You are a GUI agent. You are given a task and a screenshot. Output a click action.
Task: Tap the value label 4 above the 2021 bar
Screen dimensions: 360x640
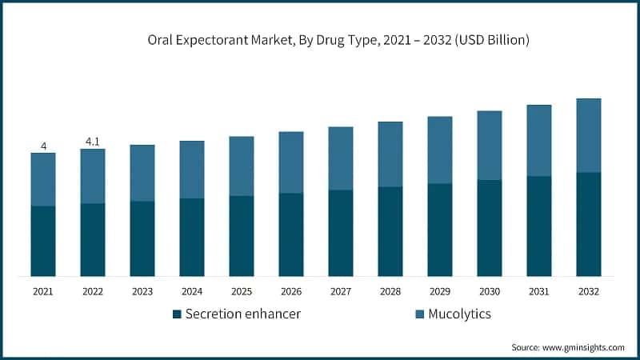point(43,146)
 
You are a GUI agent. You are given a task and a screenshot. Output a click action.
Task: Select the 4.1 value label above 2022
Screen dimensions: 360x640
point(93,142)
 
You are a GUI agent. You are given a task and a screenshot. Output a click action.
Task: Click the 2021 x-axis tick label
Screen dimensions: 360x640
point(43,292)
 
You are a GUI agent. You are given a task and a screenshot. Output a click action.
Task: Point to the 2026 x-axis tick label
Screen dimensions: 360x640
point(291,292)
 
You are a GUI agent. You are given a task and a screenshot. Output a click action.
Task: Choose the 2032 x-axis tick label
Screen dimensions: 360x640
point(589,292)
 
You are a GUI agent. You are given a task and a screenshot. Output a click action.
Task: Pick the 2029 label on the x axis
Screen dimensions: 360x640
point(440,292)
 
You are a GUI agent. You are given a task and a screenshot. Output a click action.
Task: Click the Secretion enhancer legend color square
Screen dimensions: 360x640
point(177,314)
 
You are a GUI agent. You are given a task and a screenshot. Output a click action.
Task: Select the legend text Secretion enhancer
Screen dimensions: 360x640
point(242,314)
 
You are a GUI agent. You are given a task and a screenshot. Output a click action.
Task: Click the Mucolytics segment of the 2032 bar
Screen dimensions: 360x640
point(589,135)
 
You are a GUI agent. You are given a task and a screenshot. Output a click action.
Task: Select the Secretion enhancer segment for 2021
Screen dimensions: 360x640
point(43,241)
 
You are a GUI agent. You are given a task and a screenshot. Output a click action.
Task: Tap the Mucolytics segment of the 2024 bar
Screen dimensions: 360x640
point(192,170)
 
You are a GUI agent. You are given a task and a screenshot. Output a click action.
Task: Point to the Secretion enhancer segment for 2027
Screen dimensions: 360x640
point(341,233)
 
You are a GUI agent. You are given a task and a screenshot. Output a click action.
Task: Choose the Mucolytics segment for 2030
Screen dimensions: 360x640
point(490,146)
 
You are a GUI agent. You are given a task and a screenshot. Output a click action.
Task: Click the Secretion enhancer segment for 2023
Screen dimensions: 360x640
point(142,238)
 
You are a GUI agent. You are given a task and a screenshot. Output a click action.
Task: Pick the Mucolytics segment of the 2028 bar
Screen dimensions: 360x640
point(390,154)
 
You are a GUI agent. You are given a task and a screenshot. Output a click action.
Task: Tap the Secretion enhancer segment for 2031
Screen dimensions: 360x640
point(539,226)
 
